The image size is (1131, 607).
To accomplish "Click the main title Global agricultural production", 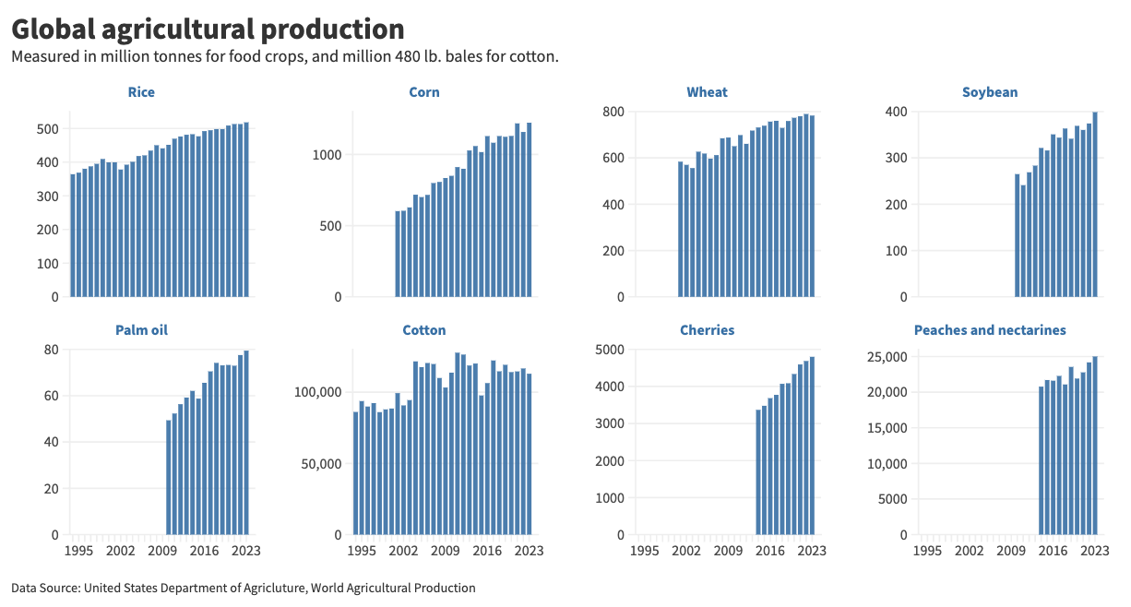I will point(208,29).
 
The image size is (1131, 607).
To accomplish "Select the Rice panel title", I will point(141,92).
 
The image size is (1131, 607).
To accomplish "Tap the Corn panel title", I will point(424,92).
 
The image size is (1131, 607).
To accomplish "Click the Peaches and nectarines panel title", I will point(990,330).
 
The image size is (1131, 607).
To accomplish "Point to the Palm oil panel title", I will point(141,330).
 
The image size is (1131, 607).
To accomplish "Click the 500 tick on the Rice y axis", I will point(47,129).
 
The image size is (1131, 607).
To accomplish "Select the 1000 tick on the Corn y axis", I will point(327,155).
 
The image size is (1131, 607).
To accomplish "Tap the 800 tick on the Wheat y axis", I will point(613,112).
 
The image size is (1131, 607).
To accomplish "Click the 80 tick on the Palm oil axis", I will point(52,350).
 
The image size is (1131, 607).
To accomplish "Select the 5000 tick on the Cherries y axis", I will point(609,350).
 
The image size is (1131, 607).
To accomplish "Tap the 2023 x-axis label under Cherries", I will point(812,552).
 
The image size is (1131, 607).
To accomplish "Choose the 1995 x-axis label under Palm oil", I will point(78,552).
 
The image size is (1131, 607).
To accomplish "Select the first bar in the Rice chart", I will point(73,235).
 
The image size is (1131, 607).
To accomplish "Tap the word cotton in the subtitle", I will point(535,57).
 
